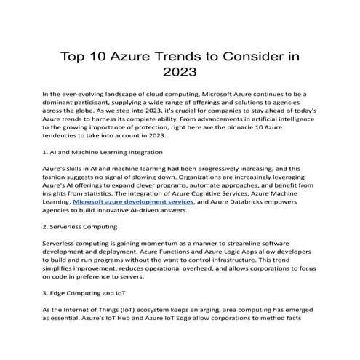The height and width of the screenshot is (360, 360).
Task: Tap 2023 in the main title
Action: click(x=180, y=73)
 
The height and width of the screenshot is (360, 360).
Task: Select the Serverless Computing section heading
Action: click(x=80, y=226)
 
